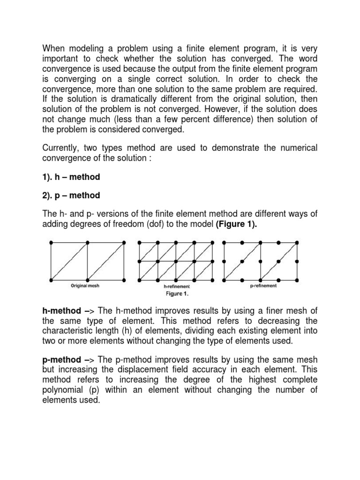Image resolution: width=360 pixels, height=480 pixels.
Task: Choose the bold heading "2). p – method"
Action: coord(71,195)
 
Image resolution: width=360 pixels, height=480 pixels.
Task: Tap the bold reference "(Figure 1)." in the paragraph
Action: coord(237,224)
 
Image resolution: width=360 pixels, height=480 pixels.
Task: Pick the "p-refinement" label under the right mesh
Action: coord(263,285)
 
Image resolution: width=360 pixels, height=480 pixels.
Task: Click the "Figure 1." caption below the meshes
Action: coord(175,294)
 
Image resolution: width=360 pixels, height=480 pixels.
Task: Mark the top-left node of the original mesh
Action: coord(51,242)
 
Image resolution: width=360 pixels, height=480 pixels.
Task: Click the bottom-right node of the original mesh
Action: coord(124,279)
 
